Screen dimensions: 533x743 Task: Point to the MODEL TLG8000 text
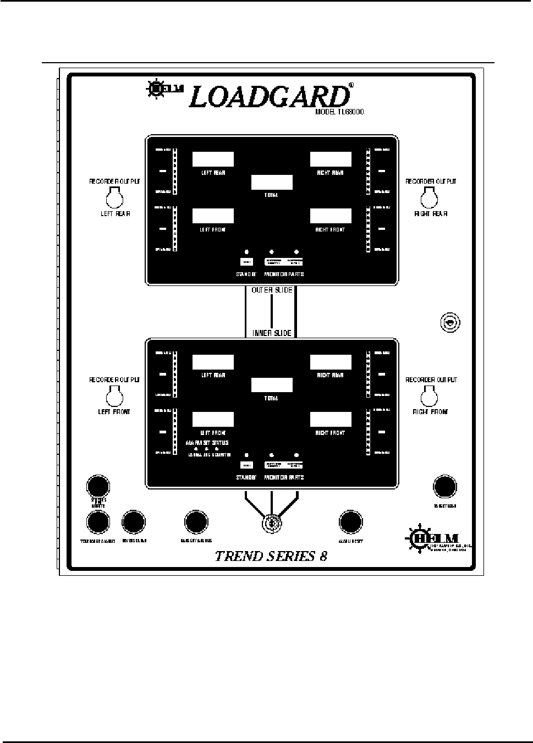[x=339, y=112]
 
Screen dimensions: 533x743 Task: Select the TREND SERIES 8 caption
[x=271, y=555]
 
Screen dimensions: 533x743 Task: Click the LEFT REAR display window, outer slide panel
[x=213, y=159]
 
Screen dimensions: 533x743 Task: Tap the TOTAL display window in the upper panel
[x=272, y=183]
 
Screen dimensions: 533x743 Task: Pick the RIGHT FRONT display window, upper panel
[x=331, y=216]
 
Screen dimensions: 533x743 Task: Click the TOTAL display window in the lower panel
[x=272, y=385]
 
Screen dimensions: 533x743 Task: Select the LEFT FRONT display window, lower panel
[x=213, y=420]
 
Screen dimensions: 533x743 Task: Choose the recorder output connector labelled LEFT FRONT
[x=114, y=395]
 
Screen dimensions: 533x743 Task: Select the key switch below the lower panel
[x=271, y=524]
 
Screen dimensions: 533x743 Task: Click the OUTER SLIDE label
[x=272, y=290]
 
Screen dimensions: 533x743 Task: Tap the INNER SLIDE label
[x=272, y=333]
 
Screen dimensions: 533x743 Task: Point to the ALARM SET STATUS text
[x=207, y=443]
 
